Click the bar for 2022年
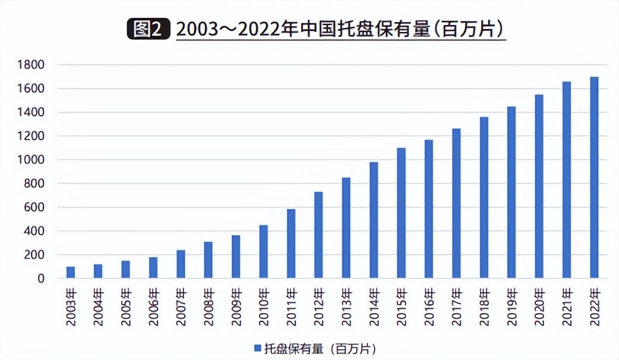click(x=594, y=178)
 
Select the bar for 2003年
click(x=71, y=272)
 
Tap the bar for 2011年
click(x=291, y=244)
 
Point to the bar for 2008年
click(x=208, y=260)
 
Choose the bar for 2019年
click(x=511, y=192)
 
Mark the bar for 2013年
click(x=346, y=228)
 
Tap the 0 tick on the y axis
click(x=40, y=279)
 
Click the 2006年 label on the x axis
click(x=153, y=307)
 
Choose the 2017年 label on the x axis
click(x=456, y=307)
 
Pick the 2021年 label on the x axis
click(x=567, y=307)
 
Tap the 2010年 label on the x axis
click(x=263, y=307)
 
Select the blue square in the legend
click(x=257, y=348)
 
